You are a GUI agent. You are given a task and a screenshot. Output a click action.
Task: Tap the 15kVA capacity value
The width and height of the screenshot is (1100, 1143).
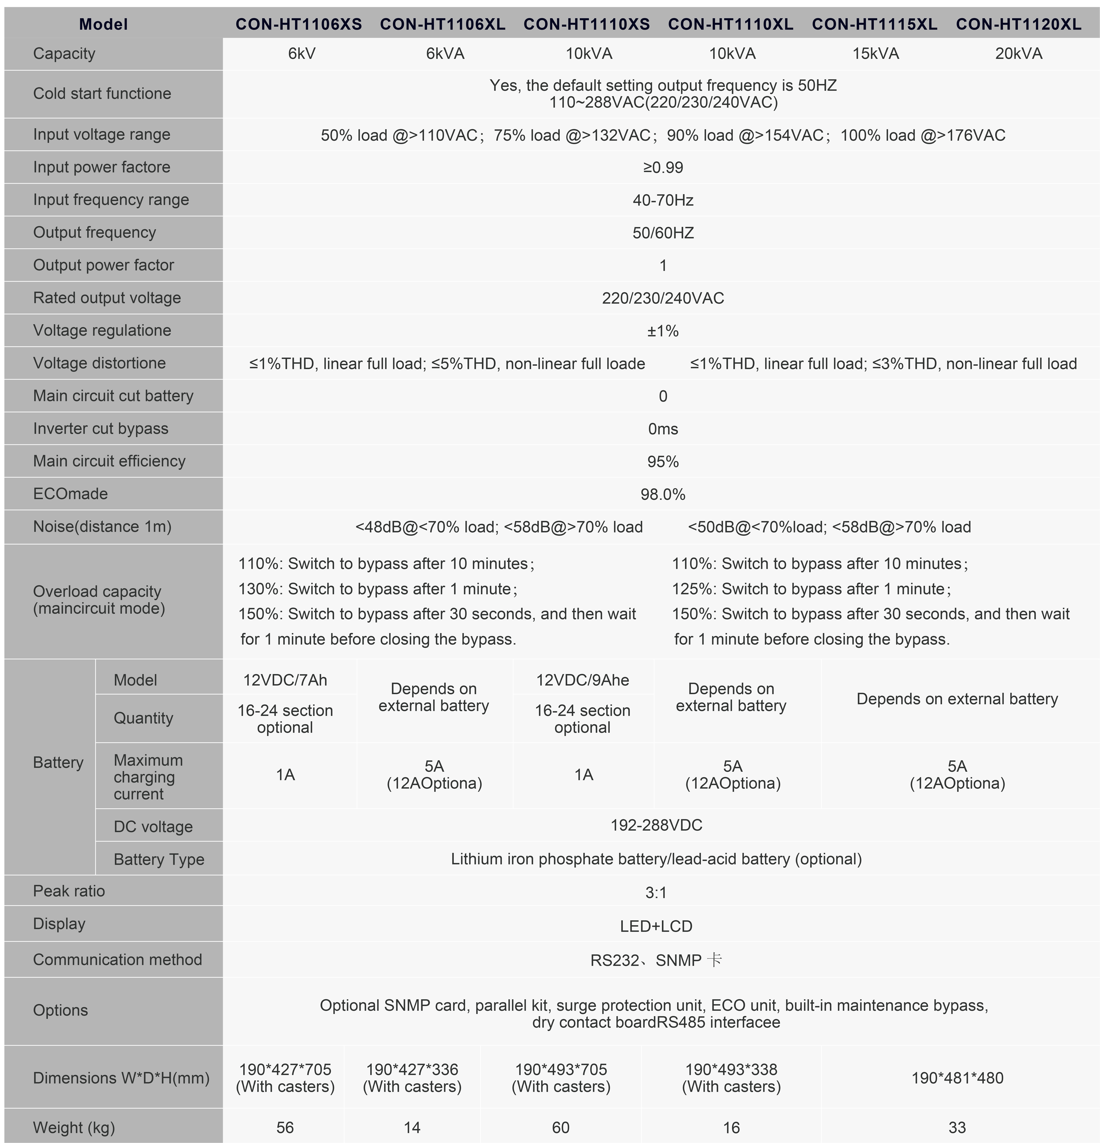click(875, 54)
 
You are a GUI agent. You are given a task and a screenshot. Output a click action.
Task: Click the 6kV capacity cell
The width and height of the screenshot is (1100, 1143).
click(302, 54)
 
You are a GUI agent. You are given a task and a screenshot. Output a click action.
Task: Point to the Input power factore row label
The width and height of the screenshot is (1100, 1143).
click(102, 167)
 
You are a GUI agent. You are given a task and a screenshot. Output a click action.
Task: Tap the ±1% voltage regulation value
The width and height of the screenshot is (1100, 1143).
click(663, 331)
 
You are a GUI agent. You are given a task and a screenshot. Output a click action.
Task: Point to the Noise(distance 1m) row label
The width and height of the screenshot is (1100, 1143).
click(102, 527)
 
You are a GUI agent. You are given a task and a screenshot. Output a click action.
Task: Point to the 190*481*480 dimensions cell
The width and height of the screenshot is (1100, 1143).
click(957, 1078)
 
